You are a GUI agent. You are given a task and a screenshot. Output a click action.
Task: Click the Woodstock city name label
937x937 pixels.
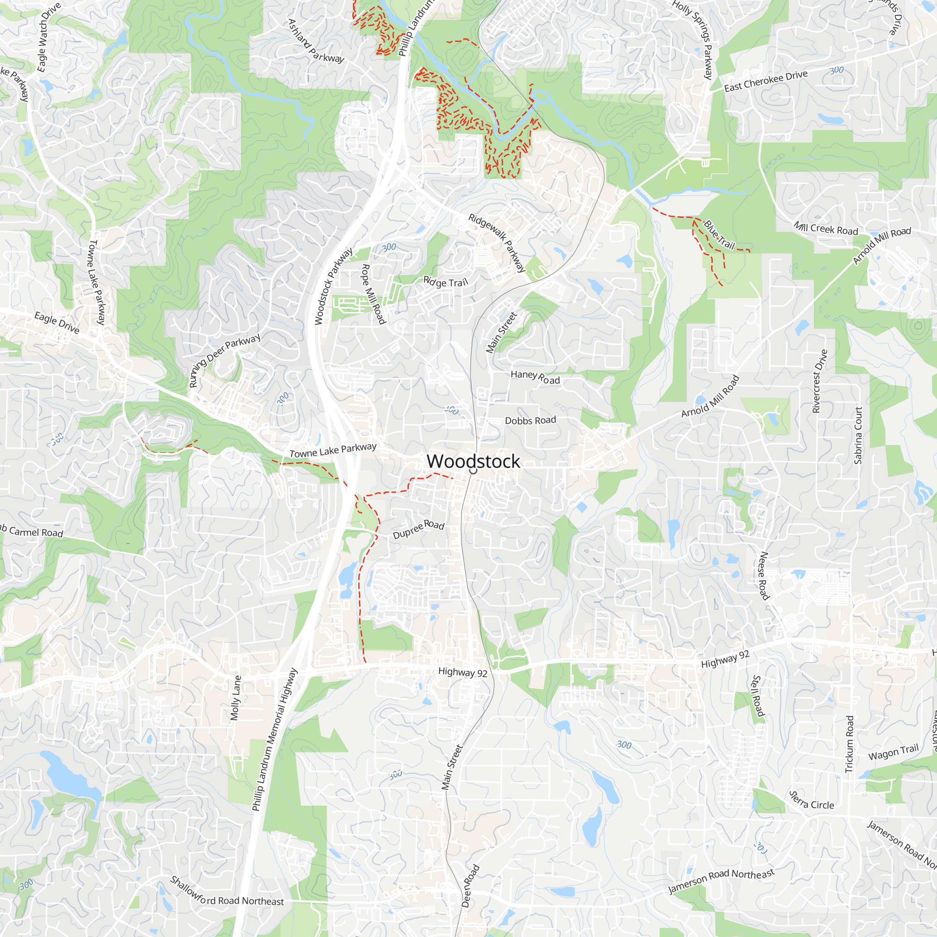pyautogui.click(x=473, y=461)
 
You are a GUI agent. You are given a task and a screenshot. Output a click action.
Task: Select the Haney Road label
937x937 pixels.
pyautogui.click(x=535, y=377)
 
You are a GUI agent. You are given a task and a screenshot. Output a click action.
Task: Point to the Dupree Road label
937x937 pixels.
pyautogui.click(x=418, y=529)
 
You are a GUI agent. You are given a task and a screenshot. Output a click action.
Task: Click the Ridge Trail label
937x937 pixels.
pyautogui.click(x=446, y=282)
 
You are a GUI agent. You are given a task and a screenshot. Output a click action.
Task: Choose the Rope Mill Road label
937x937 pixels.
pyautogui.click(x=373, y=294)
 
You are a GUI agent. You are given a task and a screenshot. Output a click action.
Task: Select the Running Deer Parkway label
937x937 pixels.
pyautogui.click(x=224, y=360)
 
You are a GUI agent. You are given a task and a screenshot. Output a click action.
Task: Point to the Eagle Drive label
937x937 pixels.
pyautogui.click(x=57, y=322)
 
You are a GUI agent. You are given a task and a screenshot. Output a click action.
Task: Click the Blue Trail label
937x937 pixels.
pyautogui.click(x=719, y=235)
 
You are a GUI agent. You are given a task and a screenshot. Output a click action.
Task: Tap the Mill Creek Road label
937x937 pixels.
pyautogui.click(x=825, y=229)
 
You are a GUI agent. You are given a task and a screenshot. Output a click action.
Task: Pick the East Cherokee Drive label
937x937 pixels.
pyautogui.click(x=766, y=81)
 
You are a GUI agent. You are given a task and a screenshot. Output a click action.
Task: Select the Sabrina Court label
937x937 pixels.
pyautogui.click(x=858, y=435)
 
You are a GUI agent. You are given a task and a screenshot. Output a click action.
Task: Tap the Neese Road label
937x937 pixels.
pyautogui.click(x=763, y=576)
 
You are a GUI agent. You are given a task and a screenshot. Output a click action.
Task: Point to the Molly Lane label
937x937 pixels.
pyautogui.click(x=235, y=698)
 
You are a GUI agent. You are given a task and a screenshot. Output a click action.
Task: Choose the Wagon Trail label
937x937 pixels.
pyautogui.click(x=893, y=752)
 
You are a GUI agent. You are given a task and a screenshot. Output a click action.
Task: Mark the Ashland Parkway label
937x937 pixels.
pyautogui.click(x=316, y=41)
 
